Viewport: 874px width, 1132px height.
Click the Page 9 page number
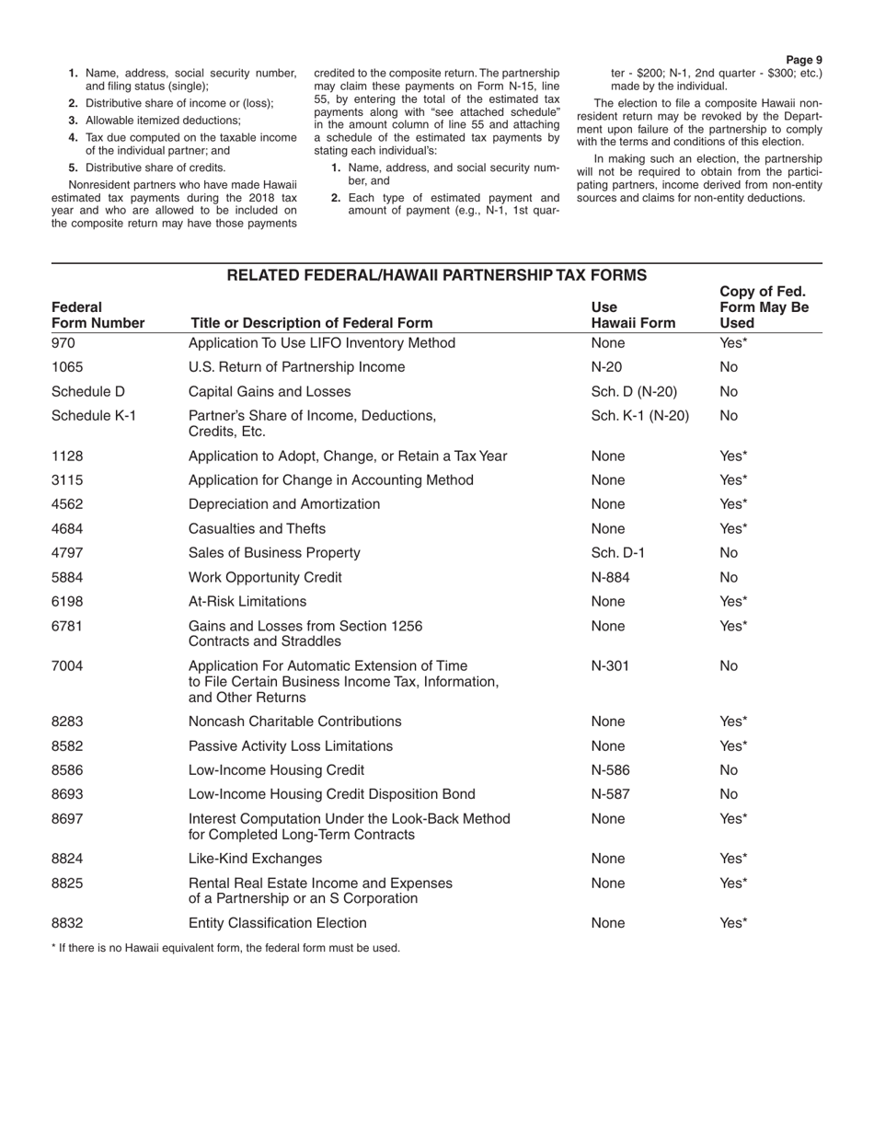[804, 60]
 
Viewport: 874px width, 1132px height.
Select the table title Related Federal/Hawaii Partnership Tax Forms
[436, 275]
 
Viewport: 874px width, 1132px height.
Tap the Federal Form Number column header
[98, 315]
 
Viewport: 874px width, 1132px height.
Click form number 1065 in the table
[67, 367]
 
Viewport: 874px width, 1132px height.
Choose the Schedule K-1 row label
[94, 415]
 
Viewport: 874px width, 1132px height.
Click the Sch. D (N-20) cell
[634, 391]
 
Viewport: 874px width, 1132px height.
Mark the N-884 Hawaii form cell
[612, 577]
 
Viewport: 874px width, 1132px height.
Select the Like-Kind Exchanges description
[255, 859]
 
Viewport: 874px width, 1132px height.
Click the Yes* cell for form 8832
[733, 923]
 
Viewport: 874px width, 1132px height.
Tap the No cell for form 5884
[729, 577]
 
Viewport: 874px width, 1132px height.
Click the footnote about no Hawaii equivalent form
[225, 948]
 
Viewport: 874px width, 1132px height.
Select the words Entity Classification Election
[277, 923]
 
